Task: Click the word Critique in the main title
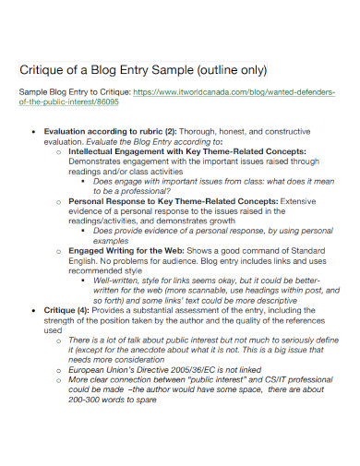tap(44, 70)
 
